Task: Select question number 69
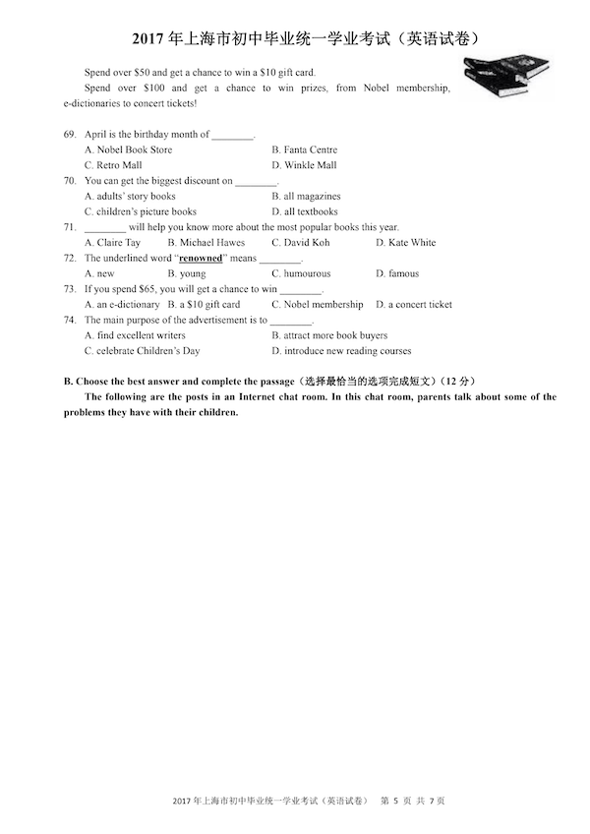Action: tap(70, 134)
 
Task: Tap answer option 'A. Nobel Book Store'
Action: tap(128, 149)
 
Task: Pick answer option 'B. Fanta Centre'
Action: tap(305, 149)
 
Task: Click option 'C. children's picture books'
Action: tap(140, 211)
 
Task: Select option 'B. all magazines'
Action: tap(306, 196)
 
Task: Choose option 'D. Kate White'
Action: tap(405, 242)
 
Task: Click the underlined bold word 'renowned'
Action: tap(201, 258)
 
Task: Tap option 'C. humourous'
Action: tap(301, 273)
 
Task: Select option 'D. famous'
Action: tap(397, 273)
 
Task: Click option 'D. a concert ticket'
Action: tap(414, 304)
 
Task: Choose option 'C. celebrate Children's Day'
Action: tap(142, 350)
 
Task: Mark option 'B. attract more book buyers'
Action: tap(329, 335)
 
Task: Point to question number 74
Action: tap(70, 320)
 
